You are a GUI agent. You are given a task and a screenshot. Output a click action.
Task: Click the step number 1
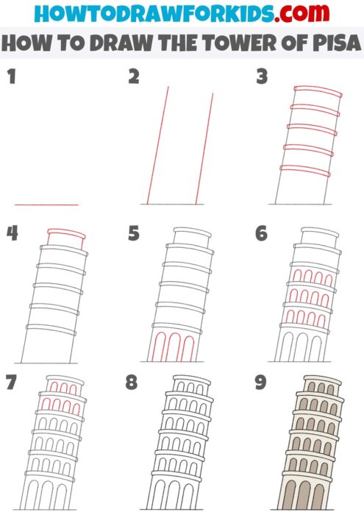click(10, 76)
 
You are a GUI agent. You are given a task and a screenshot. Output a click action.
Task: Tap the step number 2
click(133, 76)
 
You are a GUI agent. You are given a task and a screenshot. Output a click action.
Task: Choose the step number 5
click(133, 233)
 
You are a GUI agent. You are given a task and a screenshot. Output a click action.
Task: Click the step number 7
click(11, 383)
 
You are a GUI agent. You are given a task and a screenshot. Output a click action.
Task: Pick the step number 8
click(133, 383)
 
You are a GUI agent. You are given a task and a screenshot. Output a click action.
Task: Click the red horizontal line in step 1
click(46, 205)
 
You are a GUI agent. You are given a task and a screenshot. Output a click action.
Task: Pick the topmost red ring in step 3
click(317, 93)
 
